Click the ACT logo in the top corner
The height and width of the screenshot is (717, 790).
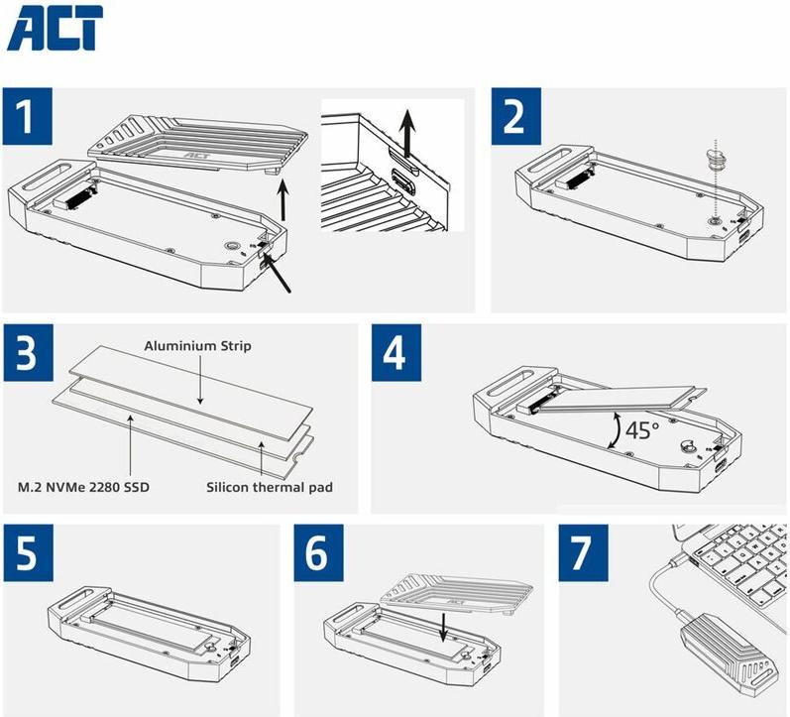55,28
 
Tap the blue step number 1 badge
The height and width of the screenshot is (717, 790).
27,115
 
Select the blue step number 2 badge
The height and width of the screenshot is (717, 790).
515,115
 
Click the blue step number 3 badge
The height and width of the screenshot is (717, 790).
28,352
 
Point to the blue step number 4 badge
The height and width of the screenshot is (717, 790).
396,352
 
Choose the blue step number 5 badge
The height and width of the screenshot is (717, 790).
28,552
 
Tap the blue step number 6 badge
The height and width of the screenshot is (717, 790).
318,552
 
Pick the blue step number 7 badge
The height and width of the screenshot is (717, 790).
583,552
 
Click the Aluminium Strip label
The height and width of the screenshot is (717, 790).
197,346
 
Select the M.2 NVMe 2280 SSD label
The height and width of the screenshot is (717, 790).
83,488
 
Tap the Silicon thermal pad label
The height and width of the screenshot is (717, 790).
270,487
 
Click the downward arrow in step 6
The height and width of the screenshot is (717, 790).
443,627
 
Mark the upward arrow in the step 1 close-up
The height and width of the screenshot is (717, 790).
408,134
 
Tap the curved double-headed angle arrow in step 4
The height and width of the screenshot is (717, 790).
615,429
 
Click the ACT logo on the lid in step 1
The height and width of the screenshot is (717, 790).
197,156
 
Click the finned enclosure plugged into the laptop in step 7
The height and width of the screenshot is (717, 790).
726,650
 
